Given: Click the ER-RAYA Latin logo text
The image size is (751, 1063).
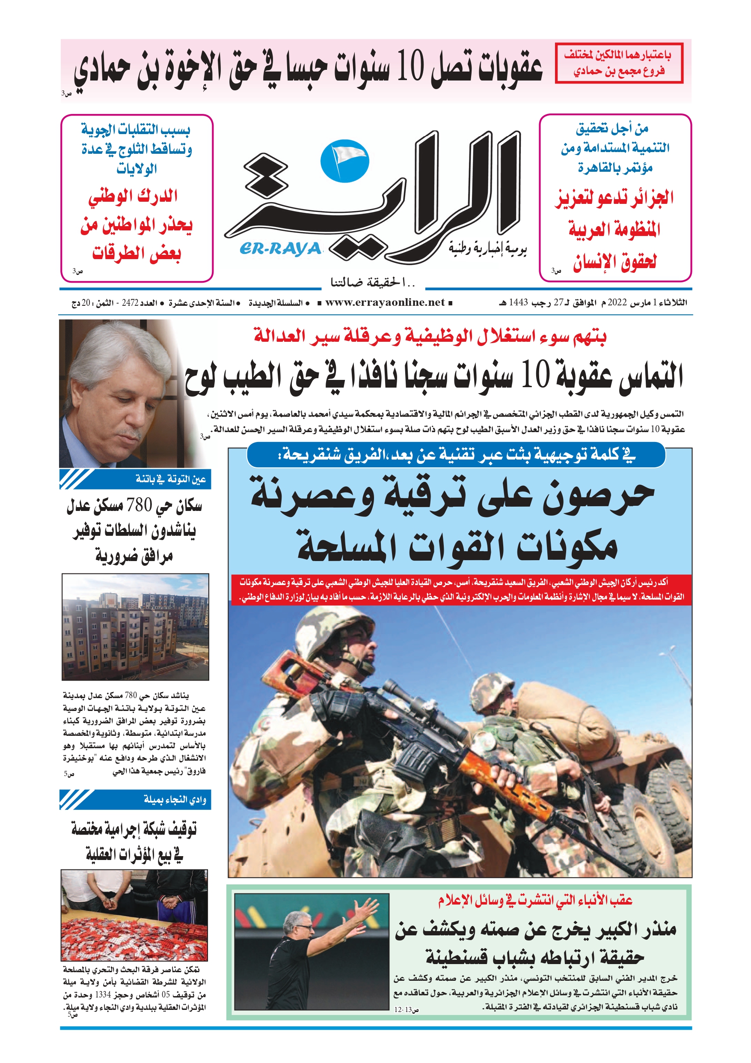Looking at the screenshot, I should (x=280, y=249).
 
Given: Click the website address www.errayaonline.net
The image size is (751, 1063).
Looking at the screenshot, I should (x=385, y=303).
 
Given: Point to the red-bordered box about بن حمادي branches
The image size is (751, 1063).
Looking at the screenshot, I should (x=619, y=63).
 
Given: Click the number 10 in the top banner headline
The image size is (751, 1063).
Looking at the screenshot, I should (x=410, y=67).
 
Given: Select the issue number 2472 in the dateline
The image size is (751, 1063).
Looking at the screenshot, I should (x=130, y=303).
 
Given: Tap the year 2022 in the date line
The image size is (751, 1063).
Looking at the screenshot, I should (x=617, y=303).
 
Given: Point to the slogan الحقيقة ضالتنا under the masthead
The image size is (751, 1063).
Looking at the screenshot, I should (x=372, y=282).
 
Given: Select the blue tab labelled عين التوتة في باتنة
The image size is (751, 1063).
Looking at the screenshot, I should (x=135, y=479).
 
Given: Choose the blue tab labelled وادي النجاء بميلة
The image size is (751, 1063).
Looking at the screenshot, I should (x=135, y=799).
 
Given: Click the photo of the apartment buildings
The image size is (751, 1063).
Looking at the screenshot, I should (x=135, y=627).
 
